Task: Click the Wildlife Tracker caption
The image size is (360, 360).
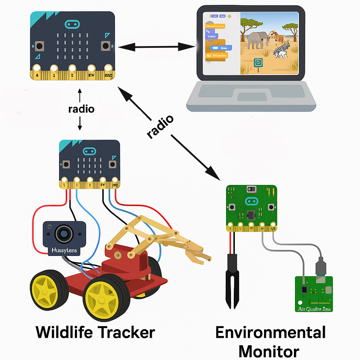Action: point(95,332)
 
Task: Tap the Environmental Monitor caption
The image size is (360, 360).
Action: point(270,341)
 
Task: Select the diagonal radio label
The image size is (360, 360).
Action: point(160,126)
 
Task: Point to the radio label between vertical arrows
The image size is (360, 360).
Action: point(81,109)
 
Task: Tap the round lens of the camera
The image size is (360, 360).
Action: point(64,233)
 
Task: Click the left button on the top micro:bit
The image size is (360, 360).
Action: point(39,46)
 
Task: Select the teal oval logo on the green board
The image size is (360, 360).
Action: point(251,201)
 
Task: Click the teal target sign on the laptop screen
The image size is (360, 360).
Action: point(258,62)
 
